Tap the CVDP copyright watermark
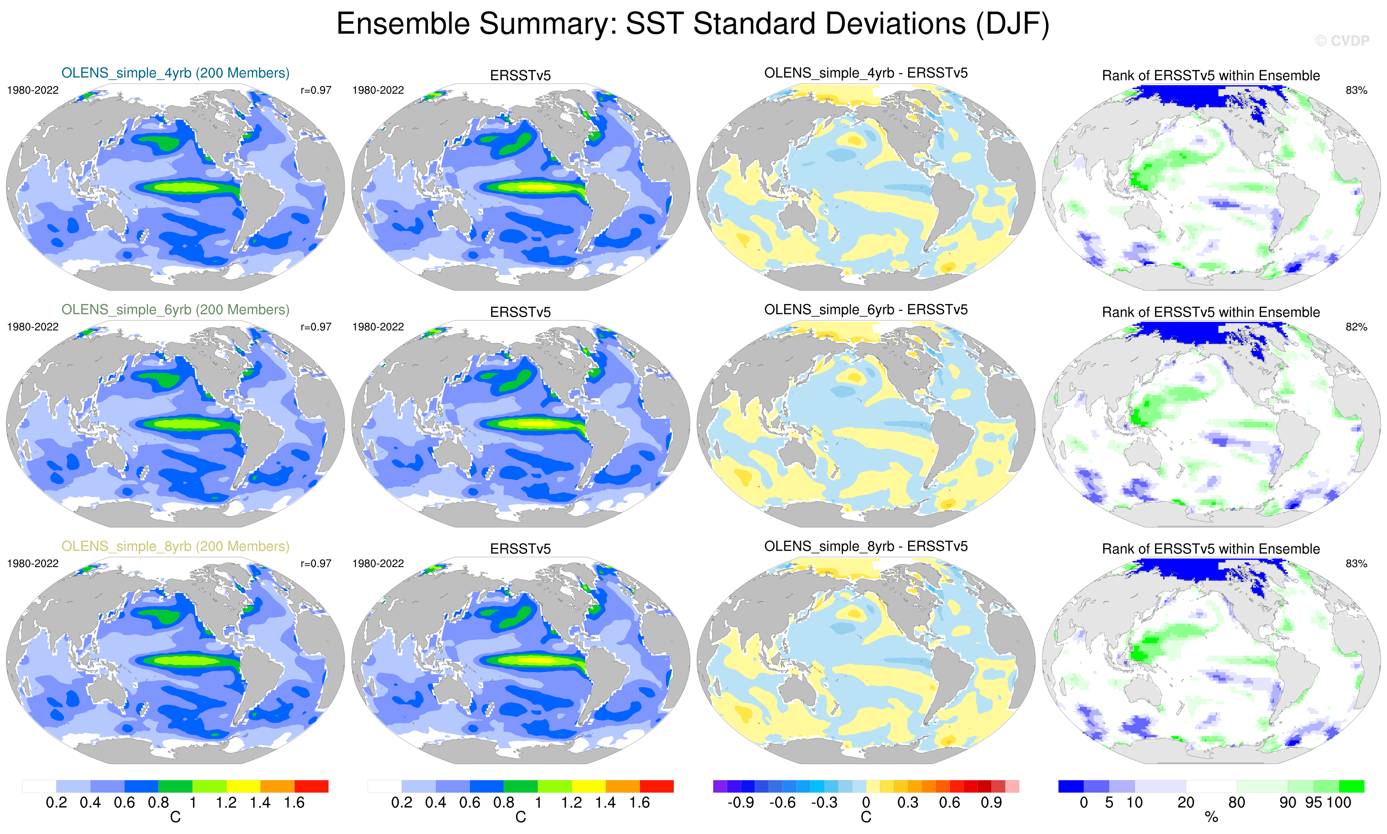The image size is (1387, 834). click(1342, 40)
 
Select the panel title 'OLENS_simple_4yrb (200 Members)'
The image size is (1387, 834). click(175, 73)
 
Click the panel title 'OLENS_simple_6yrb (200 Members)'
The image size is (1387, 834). click(175, 310)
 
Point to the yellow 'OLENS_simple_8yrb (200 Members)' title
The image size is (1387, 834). click(175, 546)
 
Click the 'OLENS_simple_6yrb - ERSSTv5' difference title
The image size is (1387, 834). click(865, 310)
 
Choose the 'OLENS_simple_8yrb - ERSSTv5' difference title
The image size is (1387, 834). click(865, 546)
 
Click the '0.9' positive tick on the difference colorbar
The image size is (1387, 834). click(991, 802)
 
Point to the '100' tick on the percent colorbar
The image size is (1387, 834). click(1338, 802)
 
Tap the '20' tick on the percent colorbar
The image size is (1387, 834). click(1186, 802)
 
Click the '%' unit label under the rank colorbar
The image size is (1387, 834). click(1211, 818)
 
